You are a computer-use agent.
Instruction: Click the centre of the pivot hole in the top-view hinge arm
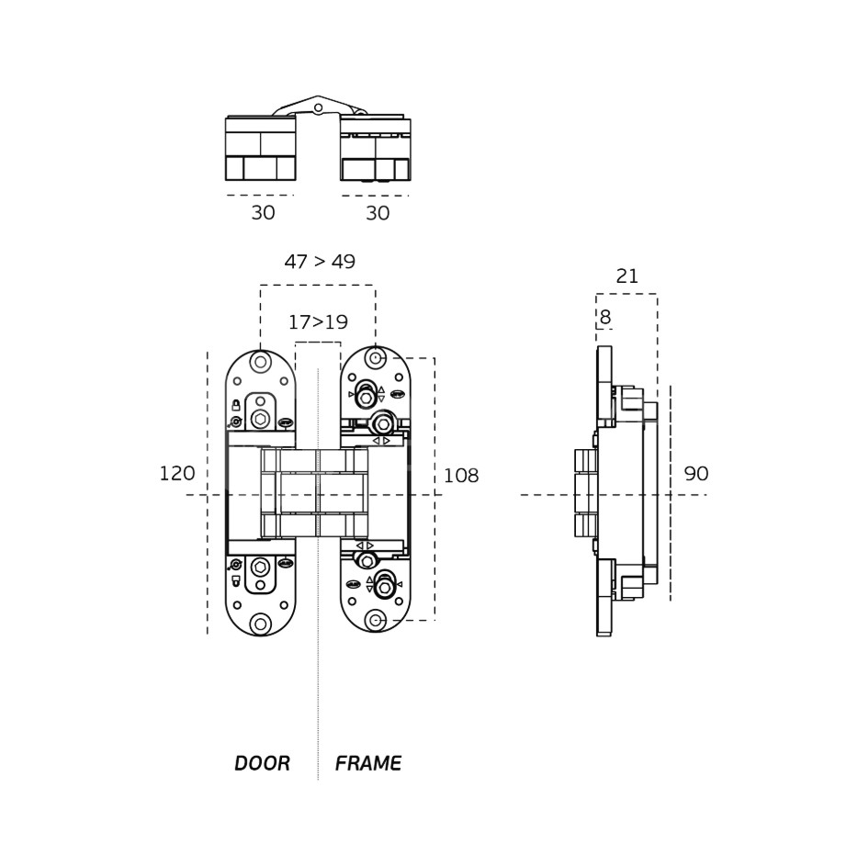point(318,107)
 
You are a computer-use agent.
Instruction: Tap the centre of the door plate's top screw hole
point(260,363)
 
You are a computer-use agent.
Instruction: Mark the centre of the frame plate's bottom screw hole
point(376,621)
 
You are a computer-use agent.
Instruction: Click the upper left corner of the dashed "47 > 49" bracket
point(260,286)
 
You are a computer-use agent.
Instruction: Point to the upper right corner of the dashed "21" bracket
point(657,295)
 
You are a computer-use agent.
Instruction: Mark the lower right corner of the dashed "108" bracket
point(435,620)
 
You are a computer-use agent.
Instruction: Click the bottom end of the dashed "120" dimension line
point(208,634)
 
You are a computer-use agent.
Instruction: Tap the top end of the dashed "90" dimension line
point(671,386)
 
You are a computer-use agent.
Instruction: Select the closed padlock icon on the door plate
point(236,405)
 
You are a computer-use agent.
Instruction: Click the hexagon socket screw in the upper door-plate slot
point(260,419)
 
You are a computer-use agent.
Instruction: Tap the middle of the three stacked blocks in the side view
point(586,492)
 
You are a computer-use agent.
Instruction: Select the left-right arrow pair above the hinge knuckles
point(381,441)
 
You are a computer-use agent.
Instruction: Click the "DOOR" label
point(262,763)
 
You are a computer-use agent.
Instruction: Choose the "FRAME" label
point(368,763)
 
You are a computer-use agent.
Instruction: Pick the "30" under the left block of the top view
point(263,213)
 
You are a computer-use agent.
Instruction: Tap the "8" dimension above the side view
point(605,317)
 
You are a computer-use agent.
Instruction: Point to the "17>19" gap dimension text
point(318,321)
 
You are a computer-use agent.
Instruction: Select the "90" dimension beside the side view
point(696,473)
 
